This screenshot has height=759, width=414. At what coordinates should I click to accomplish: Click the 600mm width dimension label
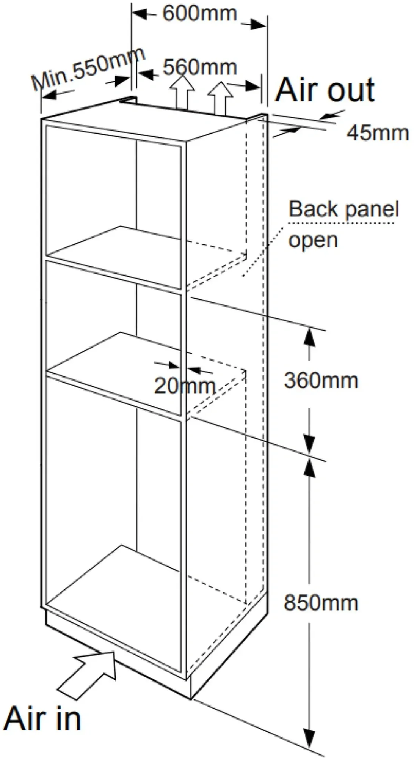200,14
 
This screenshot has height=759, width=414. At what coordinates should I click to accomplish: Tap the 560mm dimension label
200,68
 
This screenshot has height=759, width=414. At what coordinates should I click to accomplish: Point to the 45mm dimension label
378,133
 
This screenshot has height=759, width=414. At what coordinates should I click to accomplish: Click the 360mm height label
321,381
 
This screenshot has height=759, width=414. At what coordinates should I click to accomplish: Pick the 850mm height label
321,603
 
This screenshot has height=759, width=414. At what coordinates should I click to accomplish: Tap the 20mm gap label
185,386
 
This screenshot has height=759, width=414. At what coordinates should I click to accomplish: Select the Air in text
42,718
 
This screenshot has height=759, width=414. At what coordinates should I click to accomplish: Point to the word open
313,241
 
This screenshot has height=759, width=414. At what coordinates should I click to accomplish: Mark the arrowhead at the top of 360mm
310,336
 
